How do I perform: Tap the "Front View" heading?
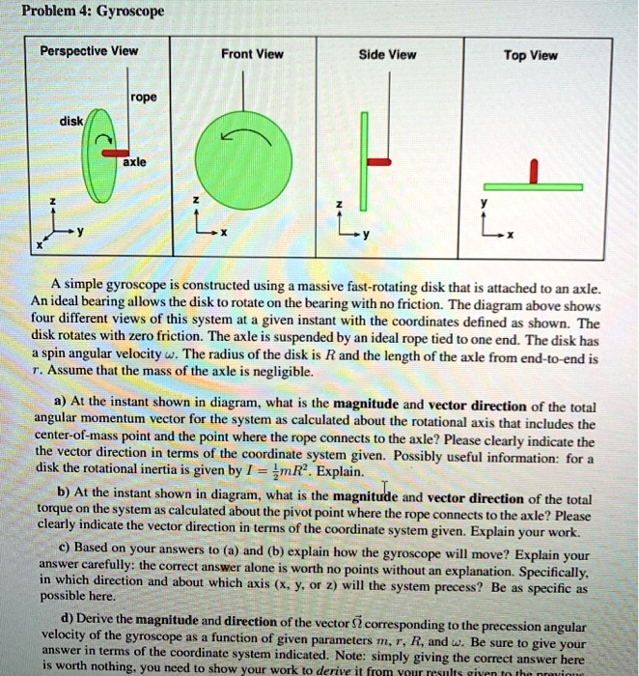coord(252,55)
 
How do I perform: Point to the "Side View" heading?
coord(387,55)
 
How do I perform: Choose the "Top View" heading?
coord(531,55)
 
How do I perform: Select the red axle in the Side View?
coord(377,162)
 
